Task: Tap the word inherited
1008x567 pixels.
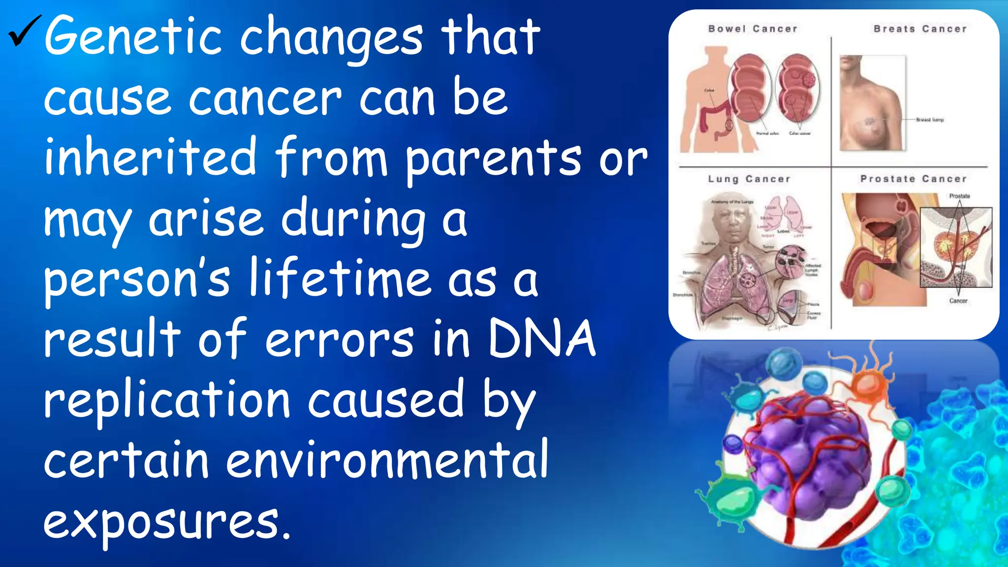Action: [x=150, y=157]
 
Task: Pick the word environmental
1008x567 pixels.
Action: [x=387, y=460]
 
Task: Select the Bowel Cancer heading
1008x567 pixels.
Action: [x=753, y=29]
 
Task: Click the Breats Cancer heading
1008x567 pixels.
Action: [x=920, y=29]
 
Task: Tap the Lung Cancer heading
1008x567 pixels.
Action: [x=749, y=179]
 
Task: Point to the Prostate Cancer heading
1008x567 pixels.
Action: [x=913, y=179]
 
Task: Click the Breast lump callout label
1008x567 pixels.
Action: [x=930, y=120]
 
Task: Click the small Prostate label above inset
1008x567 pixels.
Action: [x=959, y=196]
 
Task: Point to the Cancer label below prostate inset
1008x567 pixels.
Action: [x=958, y=301]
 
